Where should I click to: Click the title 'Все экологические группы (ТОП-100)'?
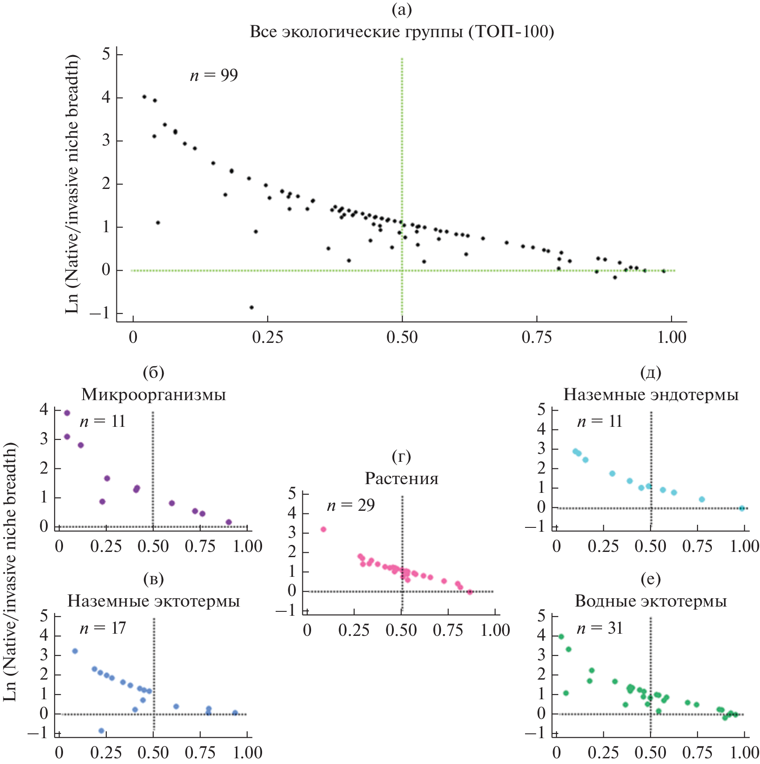pyautogui.click(x=402, y=32)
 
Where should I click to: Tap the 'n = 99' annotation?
pyautogui.click(x=214, y=75)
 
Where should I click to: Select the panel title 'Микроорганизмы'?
pyautogui.click(x=154, y=395)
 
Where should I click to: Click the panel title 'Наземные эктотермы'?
pyautogui.click(x=154, y=601)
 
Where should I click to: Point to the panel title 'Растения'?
pyautogui.click(x=402, y=479)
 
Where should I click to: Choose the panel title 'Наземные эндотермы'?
pyautogui.click(x=651, y=395)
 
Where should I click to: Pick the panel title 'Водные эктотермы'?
pyautogui.click(x=651, y=601)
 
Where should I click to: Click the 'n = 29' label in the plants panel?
pyautogui.click(x=351, y=506)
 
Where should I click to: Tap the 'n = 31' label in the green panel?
pyautogui.click(x=599, y=628)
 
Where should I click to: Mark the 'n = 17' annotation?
pyautogui.click(x=103, y=628)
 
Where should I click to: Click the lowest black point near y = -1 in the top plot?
pyautogui.click(x=252, y=307)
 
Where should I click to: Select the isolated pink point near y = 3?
pyautogui.click(x=323, y=530)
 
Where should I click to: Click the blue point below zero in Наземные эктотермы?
pyautogui.click(x=102, y=731)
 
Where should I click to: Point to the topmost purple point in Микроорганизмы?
pyautogui.click(x=67, y=413)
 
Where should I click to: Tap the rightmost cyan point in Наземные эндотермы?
pyautogui.click(x=742, y=508)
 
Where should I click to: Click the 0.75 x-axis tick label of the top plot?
pyautogui.click(x=536, y=338)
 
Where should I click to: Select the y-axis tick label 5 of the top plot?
pyautogui.click(x=106, y=54)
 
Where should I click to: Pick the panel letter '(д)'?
pyautogui.click(x=651, y=373)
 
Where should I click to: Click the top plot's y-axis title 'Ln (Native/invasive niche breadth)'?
pyautogui.click(x=72, y=184)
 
